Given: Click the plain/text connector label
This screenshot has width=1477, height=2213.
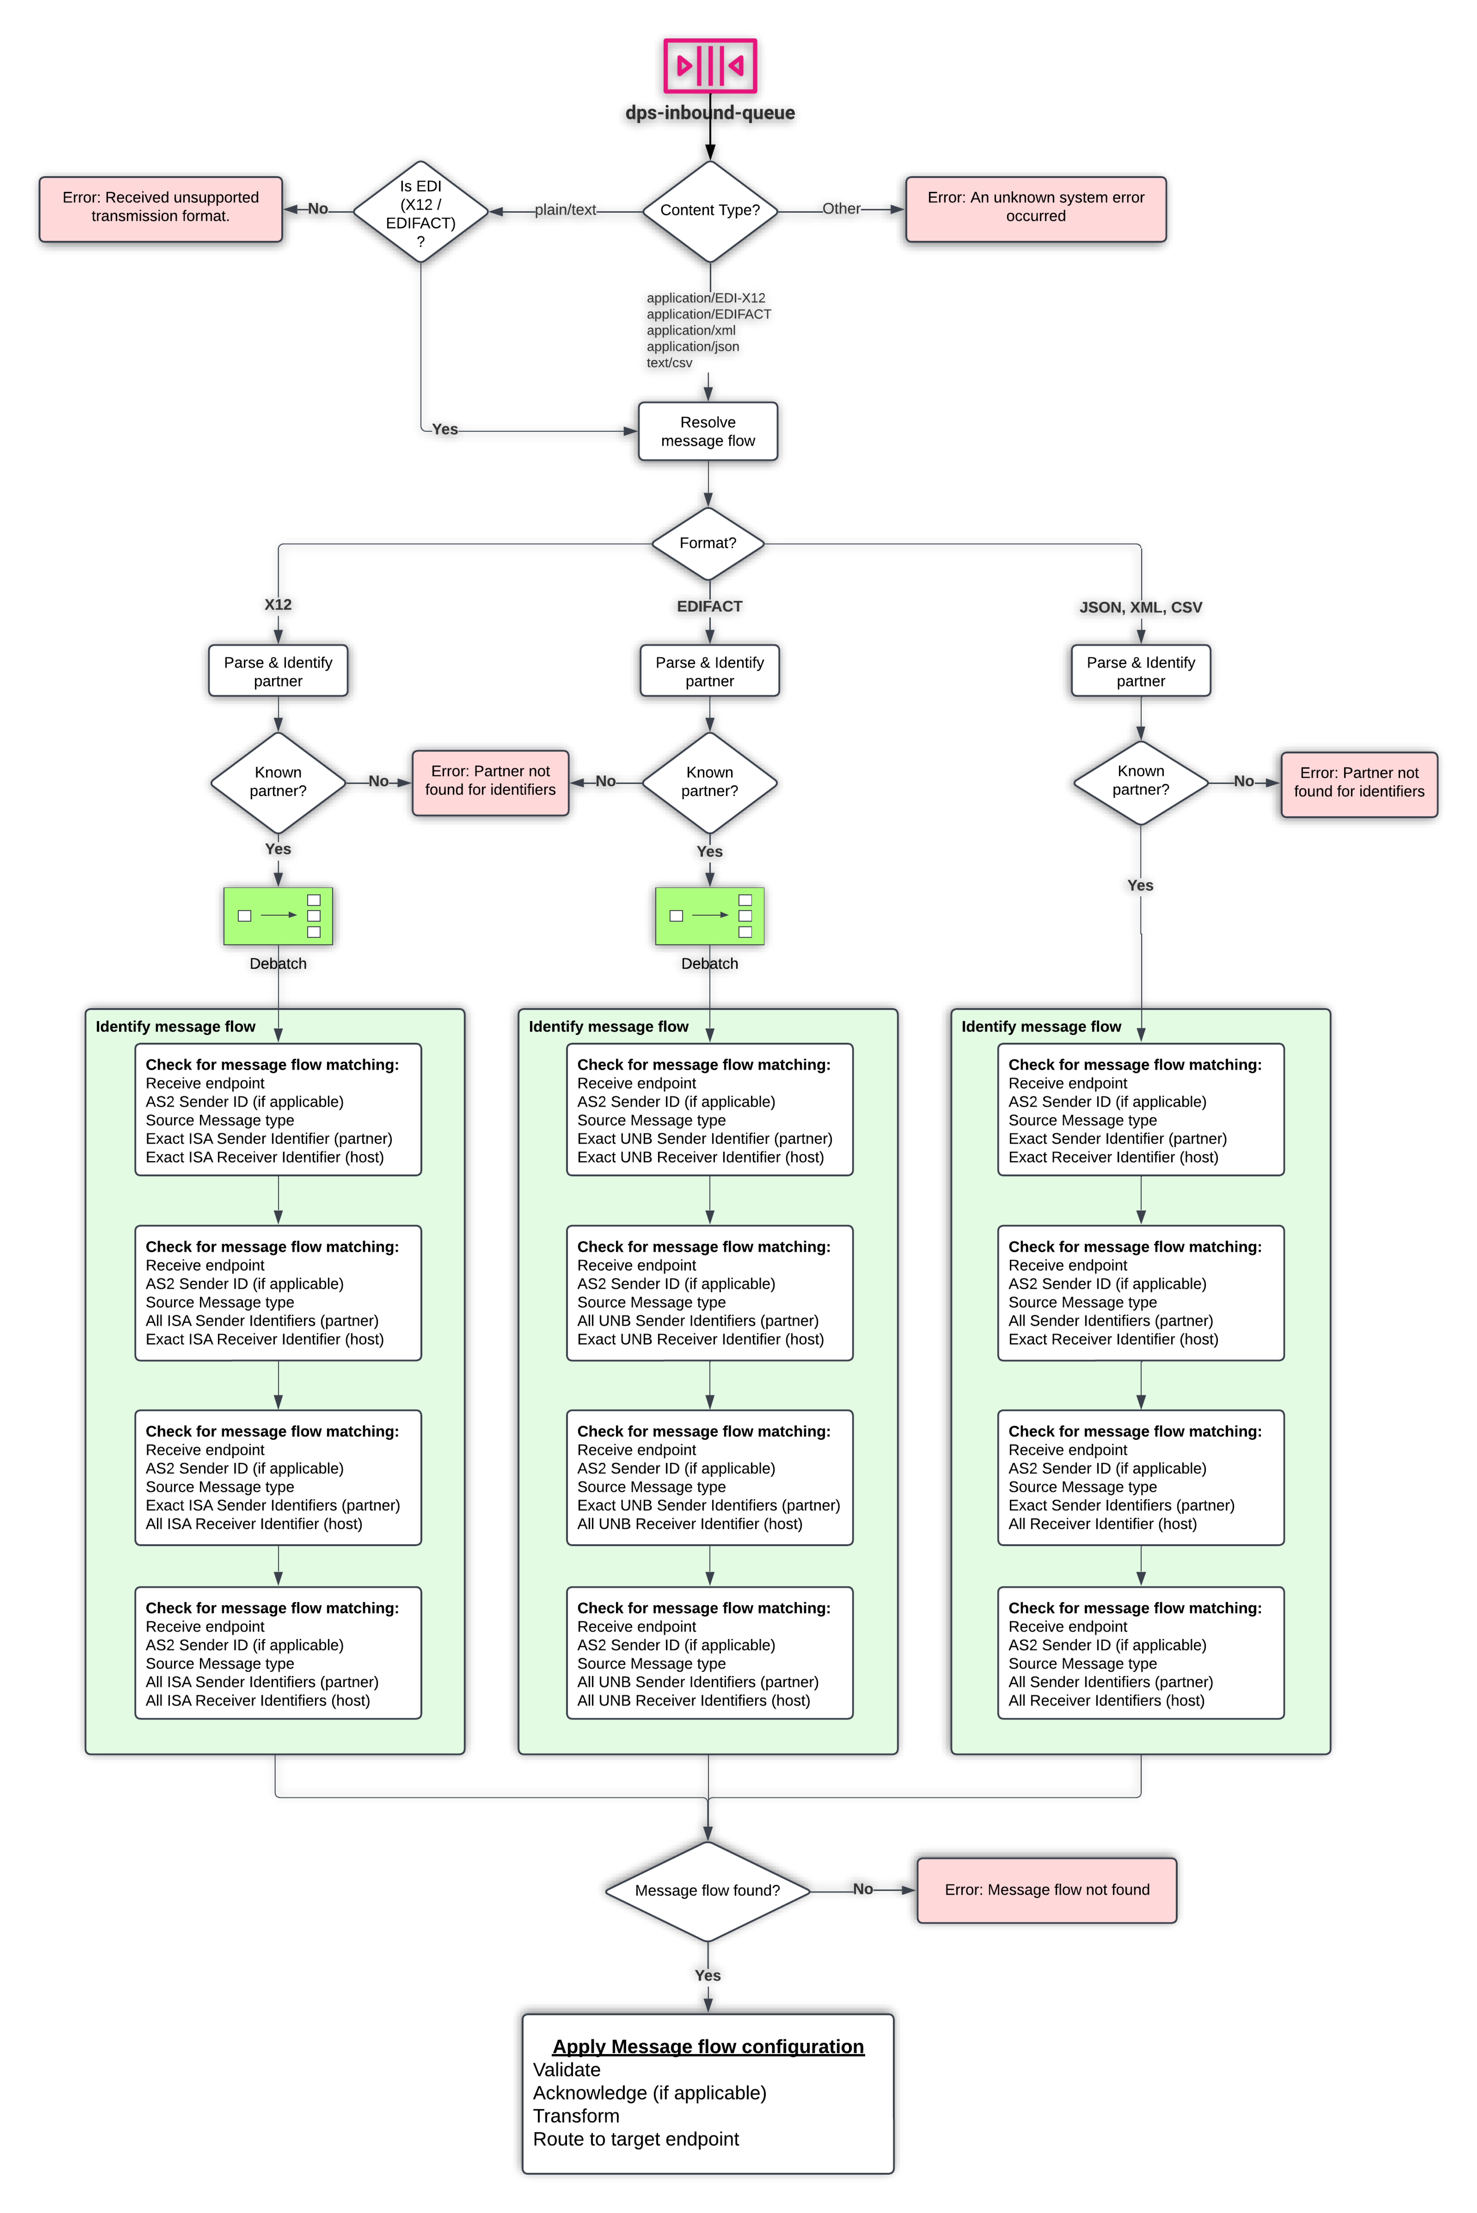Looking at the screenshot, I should coord(565,210).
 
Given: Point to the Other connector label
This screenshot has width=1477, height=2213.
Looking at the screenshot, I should coord(841,209).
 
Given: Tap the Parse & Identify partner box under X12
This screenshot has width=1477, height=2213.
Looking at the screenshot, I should coord(278,671).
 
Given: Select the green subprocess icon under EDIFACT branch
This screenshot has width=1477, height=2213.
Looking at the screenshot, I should coord(709,915).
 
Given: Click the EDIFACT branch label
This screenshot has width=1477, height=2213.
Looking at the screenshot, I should coord(709,606).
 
